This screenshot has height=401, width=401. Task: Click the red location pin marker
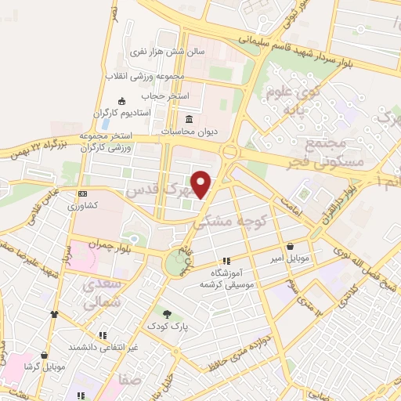click(x=202, y=184)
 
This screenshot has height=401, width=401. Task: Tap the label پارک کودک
click(x=166, y=323)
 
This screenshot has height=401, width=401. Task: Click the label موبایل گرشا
click(x=43, y=367)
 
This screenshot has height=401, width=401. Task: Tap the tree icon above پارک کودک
click(x=166, y=312)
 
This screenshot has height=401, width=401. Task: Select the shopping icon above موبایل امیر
click(x=291, y=245)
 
